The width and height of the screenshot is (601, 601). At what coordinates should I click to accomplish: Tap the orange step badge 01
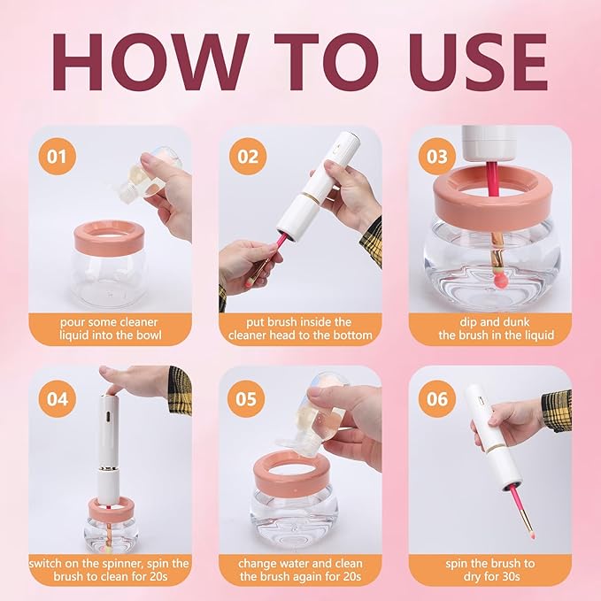(x=57, y=158)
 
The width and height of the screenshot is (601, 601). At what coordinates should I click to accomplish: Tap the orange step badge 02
(x=248, y=158)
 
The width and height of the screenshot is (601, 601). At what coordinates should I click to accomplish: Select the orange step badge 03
(x=437, y=158)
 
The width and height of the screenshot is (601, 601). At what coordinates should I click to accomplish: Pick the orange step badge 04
(x=57, y=398)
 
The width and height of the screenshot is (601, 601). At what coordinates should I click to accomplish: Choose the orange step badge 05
(x=248, y=398)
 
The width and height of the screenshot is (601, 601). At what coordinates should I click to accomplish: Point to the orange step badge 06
(x=437, y=398)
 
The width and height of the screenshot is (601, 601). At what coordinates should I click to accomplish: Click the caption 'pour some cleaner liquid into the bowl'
(x=111, y=327)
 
